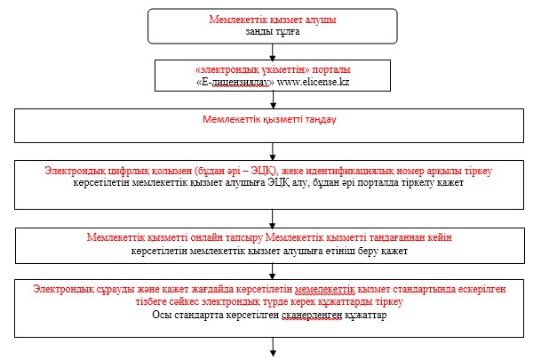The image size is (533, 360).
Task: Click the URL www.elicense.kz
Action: pos(313,82)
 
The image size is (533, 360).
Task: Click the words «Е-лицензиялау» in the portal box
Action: pos(235,82)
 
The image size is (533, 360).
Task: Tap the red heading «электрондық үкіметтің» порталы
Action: pos(273,69)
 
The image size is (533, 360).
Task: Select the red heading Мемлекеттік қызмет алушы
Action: pos(273,20)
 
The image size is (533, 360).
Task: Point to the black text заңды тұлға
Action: pos(273,32)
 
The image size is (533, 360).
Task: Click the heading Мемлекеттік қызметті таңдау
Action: pos(269,119)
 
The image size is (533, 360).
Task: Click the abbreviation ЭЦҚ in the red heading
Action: pos(261,171)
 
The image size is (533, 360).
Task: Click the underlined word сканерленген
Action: pos(312,315)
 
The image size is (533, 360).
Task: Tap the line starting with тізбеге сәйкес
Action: pos(269,302)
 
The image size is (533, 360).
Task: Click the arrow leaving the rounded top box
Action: pos(273,52)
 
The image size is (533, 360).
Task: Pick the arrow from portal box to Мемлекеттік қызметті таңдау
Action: pos(273,100)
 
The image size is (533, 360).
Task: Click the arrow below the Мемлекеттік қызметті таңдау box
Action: pos(273,151)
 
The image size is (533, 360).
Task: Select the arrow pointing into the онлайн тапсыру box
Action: pos(273,219)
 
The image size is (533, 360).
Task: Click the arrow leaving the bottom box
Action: pos(273,347)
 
